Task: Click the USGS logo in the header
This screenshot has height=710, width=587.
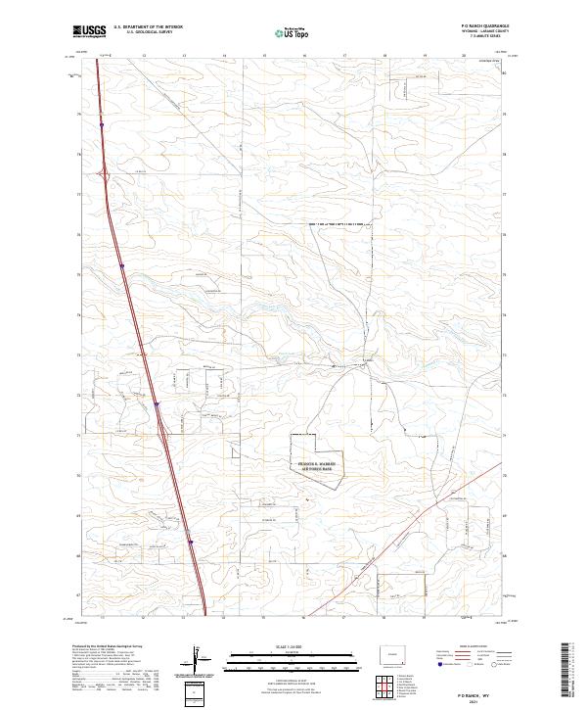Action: [89, 32]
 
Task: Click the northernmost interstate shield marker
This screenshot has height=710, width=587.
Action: [102, 124]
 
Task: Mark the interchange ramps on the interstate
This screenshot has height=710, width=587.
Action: [105, 176]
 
